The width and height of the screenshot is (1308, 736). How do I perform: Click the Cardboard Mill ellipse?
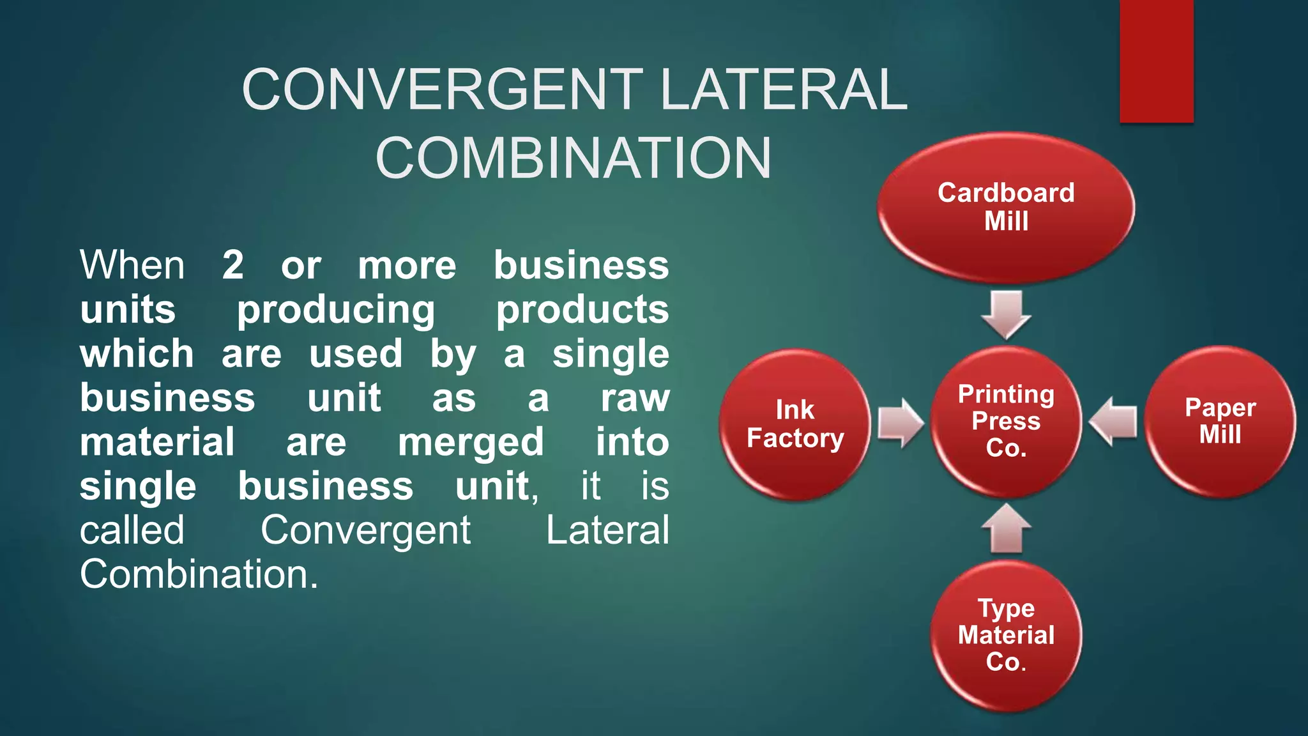coord(1006,208)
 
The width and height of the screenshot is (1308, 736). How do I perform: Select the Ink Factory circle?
coord(795,424)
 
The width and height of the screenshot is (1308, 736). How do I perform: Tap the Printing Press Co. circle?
coord(1006,422)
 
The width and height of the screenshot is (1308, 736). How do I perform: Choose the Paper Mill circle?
coord(1220,422)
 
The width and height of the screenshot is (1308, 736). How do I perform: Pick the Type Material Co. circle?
coord(1006,636)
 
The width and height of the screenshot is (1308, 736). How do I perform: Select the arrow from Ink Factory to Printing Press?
coord(901,423)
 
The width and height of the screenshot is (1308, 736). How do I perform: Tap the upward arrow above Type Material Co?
coord(1006,528)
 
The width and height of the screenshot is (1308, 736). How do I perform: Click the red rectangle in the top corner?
coord(1156,61)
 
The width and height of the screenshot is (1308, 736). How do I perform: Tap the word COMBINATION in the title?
coord(574,158)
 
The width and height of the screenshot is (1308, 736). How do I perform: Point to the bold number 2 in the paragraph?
coord(233,264)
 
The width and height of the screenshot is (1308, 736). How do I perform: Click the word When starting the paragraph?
coord(132,264)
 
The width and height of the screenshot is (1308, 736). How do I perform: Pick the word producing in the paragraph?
coord(336,310)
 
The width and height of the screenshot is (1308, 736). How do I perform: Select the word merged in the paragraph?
coord(471,442)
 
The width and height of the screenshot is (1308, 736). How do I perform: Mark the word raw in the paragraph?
coord(635,398)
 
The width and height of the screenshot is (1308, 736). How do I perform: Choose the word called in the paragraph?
coord(132,530)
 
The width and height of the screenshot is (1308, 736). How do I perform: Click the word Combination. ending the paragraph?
coord(199,574)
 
